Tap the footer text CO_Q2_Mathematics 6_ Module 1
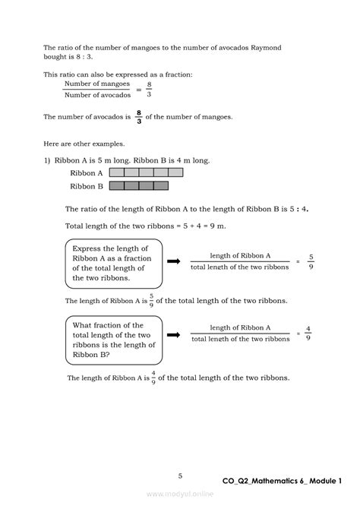283,482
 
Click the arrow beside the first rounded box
173,261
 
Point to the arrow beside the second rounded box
173,334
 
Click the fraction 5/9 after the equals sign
311,261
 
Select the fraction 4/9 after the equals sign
308,334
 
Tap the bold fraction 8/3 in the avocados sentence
138,116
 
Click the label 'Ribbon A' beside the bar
87,173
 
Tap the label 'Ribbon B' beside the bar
87,186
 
